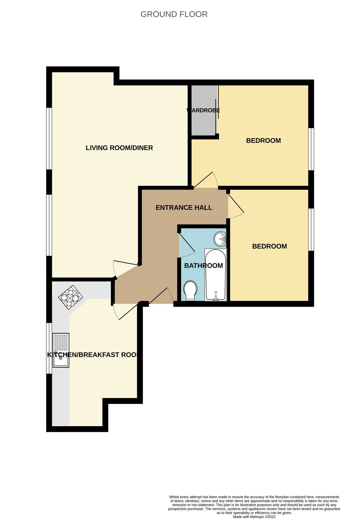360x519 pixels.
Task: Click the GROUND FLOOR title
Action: tap(174, 14)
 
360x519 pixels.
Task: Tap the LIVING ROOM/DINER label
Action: tap(119, 148)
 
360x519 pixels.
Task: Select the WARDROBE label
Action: tap(203, 110)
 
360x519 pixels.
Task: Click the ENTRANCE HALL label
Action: tap(184, 207)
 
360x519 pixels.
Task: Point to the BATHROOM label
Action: tap(203, 266)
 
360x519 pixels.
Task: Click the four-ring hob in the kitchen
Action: tap(71, 297)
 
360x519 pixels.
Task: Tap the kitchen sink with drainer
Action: tap(61, 350)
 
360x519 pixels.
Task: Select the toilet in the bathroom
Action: tap(190, 290)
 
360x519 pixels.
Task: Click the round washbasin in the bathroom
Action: tap(220, 239)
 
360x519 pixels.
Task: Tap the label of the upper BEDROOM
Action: tap(263, 140)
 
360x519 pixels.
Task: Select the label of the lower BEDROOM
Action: tap(269, 246)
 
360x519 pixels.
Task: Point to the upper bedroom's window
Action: tap(311, 149)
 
